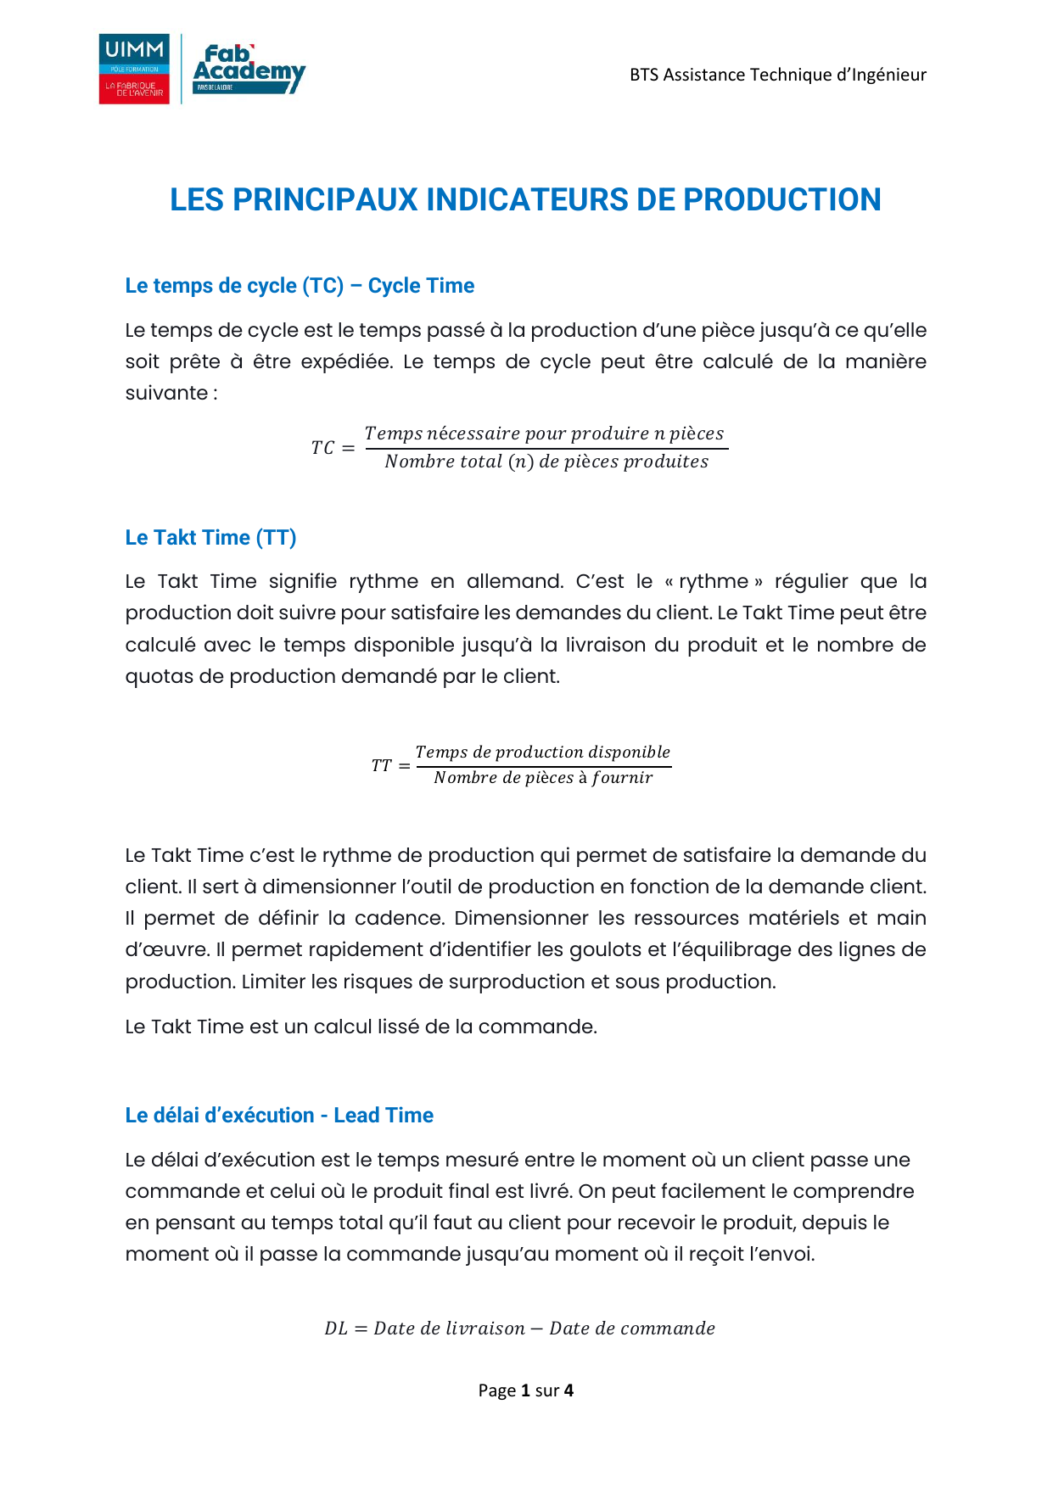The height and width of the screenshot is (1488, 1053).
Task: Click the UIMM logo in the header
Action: click(134, 69)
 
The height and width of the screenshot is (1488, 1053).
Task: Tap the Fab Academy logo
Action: click(249, 69)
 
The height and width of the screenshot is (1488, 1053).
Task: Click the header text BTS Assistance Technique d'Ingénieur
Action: click(777, 75)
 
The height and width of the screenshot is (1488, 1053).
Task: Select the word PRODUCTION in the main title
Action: click(781, 200)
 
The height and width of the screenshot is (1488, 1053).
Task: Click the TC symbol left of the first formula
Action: click(322, 448)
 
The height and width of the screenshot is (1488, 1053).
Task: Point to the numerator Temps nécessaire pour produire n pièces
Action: click(544, 434)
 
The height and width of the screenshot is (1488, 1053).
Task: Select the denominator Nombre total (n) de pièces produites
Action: click(546, 462)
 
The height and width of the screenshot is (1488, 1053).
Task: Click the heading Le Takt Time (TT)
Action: click(210, 538)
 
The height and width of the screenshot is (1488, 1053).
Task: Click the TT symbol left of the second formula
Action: click(381, 766)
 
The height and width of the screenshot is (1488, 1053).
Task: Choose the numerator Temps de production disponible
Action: click(542, 752)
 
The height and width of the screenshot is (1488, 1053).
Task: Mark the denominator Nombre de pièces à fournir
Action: click(543, 778)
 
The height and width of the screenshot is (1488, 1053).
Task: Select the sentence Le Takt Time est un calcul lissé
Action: click(361, 1027)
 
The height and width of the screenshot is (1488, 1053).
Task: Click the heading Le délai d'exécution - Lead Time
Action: click(279, 1116)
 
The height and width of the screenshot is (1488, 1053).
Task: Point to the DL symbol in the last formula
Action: click(336, 1329)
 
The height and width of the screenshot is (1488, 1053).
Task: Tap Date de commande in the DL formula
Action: click(632, 1329)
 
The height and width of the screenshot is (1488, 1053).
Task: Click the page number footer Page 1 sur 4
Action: click(526, 1390)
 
